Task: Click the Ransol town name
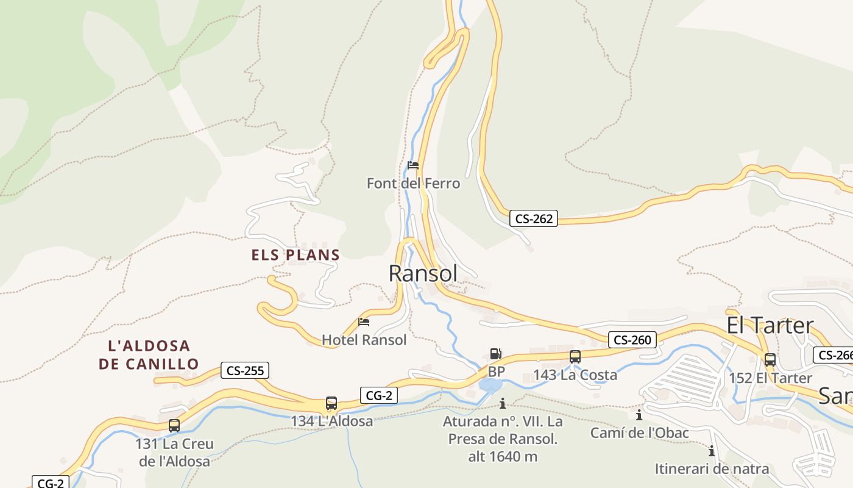coord(423,273)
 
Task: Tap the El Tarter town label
coord(770,325)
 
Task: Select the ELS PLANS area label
coord(296,255)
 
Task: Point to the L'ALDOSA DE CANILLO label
coord(149,355)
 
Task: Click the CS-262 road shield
coord(534,218)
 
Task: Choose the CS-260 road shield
coord(632,340)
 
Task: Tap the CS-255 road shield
coord(244,370)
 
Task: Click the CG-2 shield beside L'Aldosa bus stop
coord(378,395)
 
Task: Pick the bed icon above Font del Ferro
coord(413,165)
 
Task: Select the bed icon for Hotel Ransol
coord(364,322)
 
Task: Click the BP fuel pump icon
coord(496,354)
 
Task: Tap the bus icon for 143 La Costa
coord(575,357)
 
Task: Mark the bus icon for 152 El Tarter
coord(770,360)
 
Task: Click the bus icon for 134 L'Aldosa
coord(331,403)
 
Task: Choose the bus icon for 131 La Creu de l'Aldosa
coord(174,426)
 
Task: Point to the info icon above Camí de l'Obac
coord(639,415)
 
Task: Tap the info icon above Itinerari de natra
coord(711,451)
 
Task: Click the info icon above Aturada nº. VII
coord(503,403)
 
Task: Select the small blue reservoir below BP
coord(490,386)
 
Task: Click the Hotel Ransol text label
coord(364,340)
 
